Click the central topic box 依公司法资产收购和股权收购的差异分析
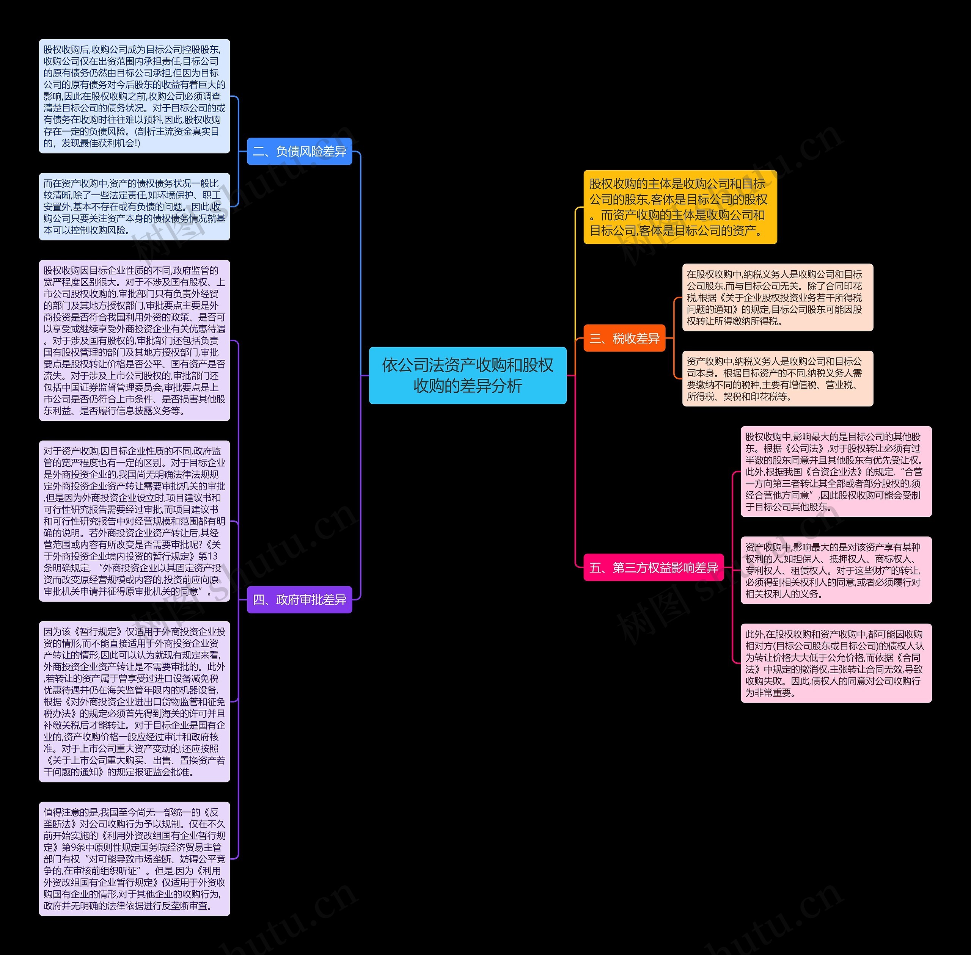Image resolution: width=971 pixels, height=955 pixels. click(x=467, y=375)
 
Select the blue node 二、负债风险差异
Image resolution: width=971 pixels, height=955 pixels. click(x=300, y=152)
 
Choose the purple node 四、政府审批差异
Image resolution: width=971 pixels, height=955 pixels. click(x=300, y=599)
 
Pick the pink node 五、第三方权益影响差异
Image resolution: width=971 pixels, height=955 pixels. click(x=654, y=568)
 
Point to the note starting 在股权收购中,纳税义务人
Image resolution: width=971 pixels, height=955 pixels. click(x=777, y=298)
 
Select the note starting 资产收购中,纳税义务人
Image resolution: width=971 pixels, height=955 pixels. click(x=777, y=379)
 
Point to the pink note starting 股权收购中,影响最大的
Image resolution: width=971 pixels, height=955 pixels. click(x=836, y=472)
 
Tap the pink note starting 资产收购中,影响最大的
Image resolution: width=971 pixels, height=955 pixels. click(x=836, y=570)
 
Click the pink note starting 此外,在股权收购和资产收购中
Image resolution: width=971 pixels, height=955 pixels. click(x=836, y=663)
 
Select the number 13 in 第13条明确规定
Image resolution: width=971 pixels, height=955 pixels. click(x=213, y=556)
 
